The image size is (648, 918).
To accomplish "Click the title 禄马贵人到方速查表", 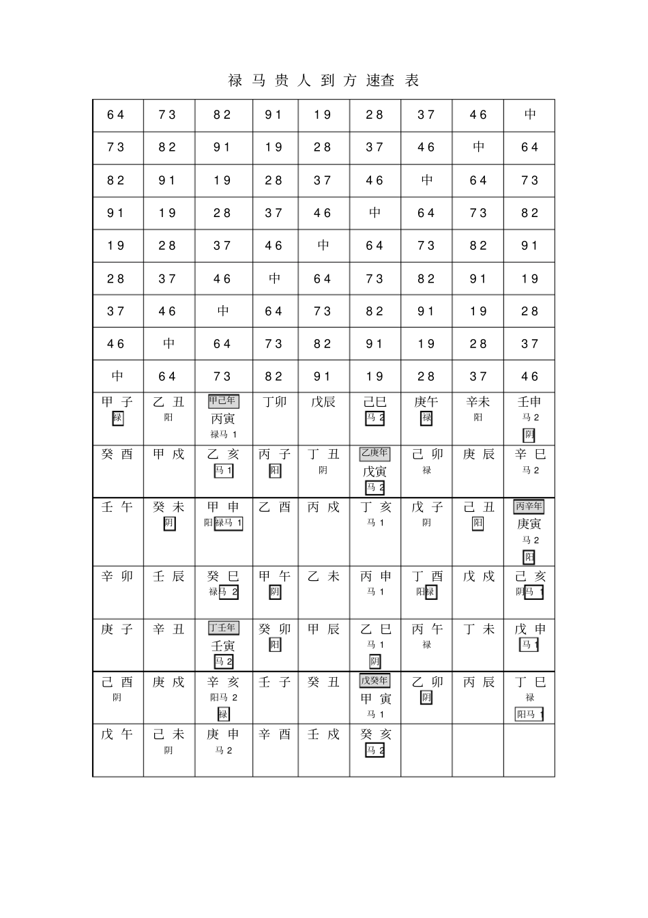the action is pyautogui.click(x=323, y=81).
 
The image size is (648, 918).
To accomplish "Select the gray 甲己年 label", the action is pyautogui.click(x=224, y=401).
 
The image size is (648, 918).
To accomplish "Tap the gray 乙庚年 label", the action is pyautogui.click(x=374, y=454).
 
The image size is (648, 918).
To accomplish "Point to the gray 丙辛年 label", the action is pyautogui.click(x=529, y=506).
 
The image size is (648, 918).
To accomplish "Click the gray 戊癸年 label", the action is pyautogui.click(x=374, y=680).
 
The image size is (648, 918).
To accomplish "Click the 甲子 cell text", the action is pyautogui.click(x=117, y=402).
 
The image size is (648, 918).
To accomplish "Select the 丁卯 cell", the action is pyautogui.click(x=274, y=402).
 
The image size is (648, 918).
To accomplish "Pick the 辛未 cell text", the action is pyautogui.click(x=477, y=402).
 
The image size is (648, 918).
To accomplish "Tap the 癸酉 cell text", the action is pyautogui.click(x=117, y=455).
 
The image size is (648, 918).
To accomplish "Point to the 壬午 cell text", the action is pyautogui.click(x=117, y=507).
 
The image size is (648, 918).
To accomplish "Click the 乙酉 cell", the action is pyautogui.click(x=274, y=507).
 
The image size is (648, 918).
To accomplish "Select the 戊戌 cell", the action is pyautogui.click(x=477, y=576).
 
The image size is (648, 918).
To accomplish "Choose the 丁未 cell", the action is pyautogui.click(x=477, y=629).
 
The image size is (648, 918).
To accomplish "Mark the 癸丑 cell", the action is pyautogui.click(x=323, y=682).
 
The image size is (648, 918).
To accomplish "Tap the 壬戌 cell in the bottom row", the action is pyautogui.click(x=323, y=734).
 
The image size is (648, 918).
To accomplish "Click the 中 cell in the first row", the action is pyautogui.click(x=530, y=115).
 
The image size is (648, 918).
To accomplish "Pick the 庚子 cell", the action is pyautogui.click(x=117, y=629).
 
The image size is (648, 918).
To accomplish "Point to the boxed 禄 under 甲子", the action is pyautogui.click(x=118, y=418).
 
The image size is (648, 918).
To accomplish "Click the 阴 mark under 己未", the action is pyautogui.click(x=168, y=750).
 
